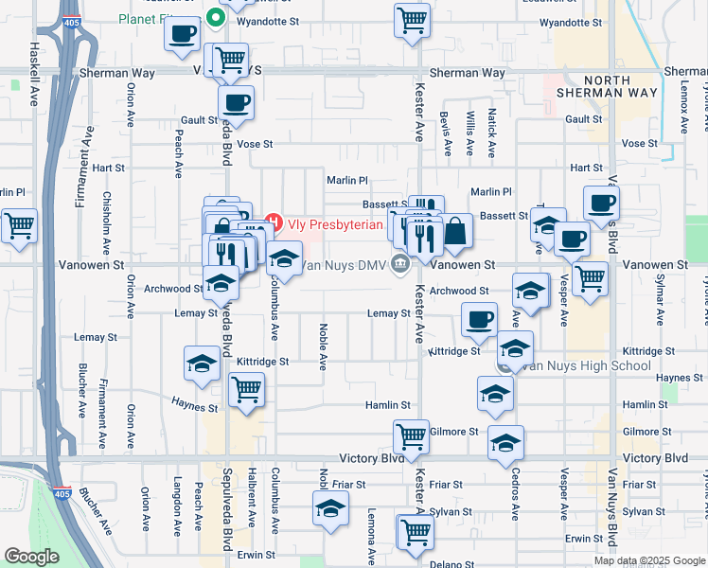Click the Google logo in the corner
point(31,557)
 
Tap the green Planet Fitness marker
point(215,17)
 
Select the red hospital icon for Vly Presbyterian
point(274,224)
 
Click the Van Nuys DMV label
point(345,266)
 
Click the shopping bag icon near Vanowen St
point(455,231)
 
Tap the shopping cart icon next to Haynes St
point(246,389)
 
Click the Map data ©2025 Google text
point(647,560)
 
